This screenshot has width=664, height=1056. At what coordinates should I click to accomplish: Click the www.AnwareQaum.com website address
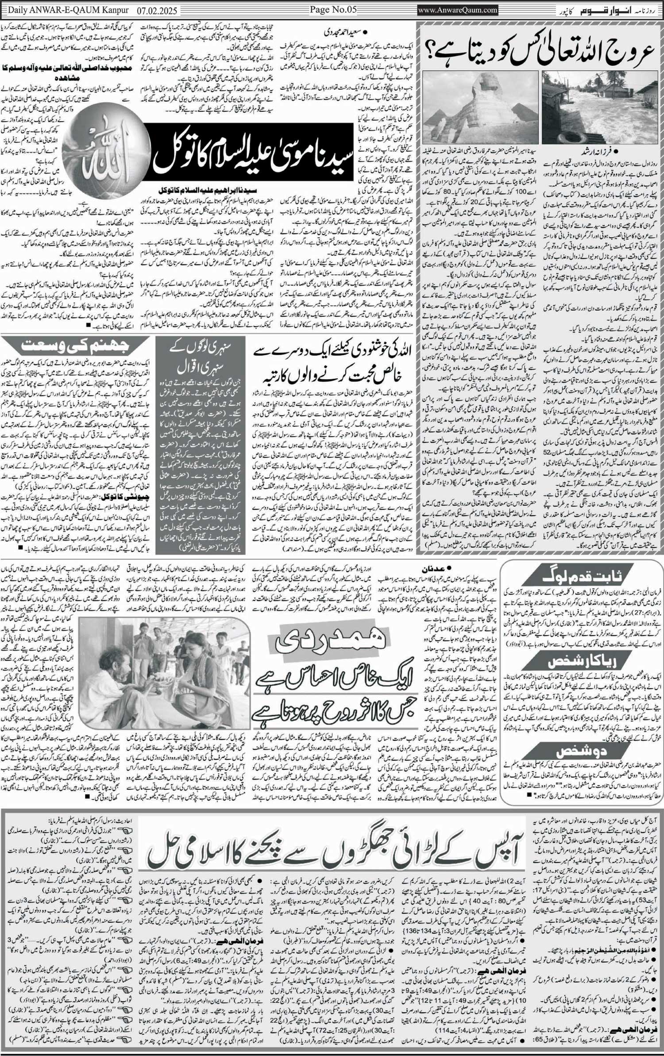pyautogui.click(x=458, y=9)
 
